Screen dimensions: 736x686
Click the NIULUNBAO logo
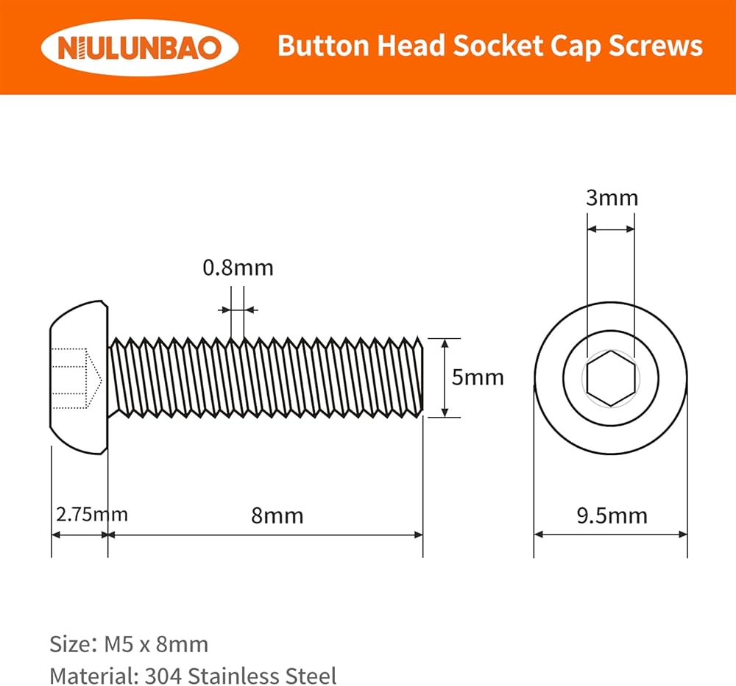pyautogui.click(x=140, y=47)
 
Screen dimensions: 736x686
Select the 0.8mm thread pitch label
pyautogui.click(x=238, y=268)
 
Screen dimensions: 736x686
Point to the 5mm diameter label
pyautogui.click(x=478, y=377)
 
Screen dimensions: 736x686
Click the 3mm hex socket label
pyautogui.click(x=612, y=198)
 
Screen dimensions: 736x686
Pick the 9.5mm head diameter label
pyautogui.click(x=612, y=516)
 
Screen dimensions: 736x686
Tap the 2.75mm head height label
pyautogui.click(x=92, y=515)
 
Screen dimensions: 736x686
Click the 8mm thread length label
pyautogui.click(x=277, y=516)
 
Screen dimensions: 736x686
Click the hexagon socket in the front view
pyautogui.click(x=611, y=378)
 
